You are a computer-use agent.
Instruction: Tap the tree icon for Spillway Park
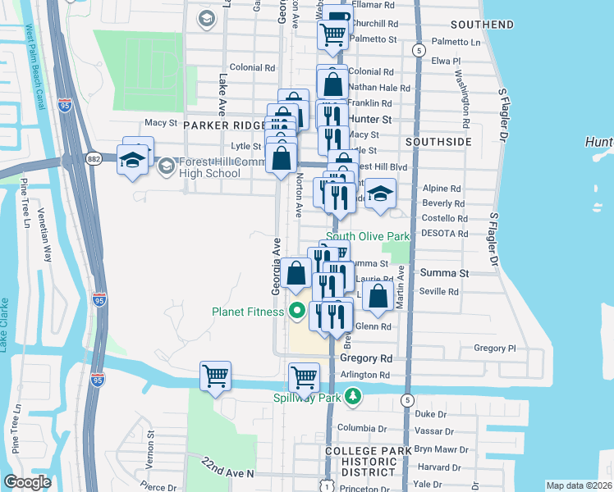(353, 397)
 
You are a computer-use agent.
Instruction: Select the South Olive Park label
(368, 236)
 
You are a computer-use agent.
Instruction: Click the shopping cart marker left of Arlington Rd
(304, 377)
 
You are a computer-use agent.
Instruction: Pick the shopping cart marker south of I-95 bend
(215, 377)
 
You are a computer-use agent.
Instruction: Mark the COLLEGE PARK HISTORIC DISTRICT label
(373, 462)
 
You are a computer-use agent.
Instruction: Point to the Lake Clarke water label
(5, 319)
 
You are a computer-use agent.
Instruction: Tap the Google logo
(27, 481)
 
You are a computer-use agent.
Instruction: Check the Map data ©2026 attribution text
(579, 485)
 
